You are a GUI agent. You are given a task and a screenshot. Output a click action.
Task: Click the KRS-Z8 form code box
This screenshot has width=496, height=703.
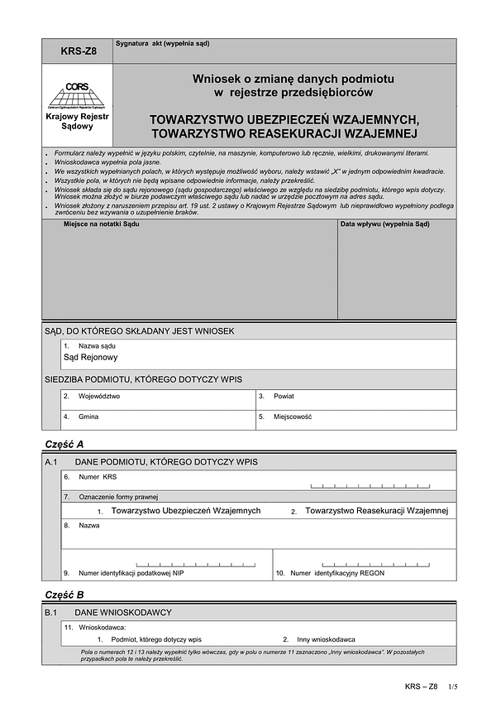pos(78,51)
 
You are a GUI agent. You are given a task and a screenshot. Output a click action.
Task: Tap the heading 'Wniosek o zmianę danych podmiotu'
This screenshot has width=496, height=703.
pos(282,79)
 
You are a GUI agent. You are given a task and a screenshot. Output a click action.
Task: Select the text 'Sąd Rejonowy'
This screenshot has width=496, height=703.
pos(91,358)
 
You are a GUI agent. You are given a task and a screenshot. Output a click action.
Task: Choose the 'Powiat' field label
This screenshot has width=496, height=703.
pos(285,397)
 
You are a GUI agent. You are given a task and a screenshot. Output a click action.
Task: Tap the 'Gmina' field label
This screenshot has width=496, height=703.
pos(88,417)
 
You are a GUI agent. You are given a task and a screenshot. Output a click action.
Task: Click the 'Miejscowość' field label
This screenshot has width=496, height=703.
pos(293,417)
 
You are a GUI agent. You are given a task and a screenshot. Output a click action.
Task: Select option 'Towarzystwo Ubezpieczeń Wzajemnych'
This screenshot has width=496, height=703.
pos(186,512)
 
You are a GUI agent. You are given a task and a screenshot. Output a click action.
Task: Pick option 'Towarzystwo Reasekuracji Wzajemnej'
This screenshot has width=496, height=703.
pos(376,512)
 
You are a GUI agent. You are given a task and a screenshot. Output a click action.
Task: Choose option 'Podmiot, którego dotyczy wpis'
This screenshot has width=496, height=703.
pos(149,640)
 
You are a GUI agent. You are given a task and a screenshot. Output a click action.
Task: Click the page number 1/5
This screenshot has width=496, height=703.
pos(452,686)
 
